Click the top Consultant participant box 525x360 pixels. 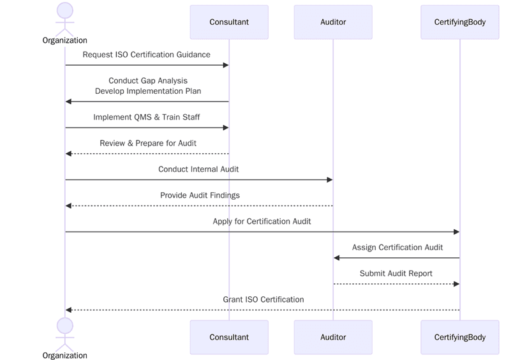(x=229, y=22)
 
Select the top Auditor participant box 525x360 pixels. (x=333, y=22)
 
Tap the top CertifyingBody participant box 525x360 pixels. (x=459, y=22)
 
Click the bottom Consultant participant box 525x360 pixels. (x=229, y=337)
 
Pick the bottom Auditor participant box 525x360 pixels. (x=333, y=337)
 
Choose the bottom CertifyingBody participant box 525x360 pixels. (x=459, y=337)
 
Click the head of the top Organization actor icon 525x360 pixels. (x=65, y=10)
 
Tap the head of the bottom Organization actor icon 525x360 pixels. (x=65, y=326)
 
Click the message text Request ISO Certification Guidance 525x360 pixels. (x=146, y=55)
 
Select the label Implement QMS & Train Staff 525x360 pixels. (x=146, y=117)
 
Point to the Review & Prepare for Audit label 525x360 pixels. (x=148, y=143)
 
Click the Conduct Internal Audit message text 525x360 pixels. (x=198, y=169)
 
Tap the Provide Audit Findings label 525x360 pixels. (x=200, y=195)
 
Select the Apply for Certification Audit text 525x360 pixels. (x=262, y=221)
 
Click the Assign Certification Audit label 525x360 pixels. (x=397, y=248)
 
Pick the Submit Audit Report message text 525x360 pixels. (x=396, y=273)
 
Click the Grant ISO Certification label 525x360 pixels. (x=263, y=299)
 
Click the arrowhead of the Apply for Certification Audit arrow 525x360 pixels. (x=456, y=232)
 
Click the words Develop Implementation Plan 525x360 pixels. (x=148, y=91)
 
